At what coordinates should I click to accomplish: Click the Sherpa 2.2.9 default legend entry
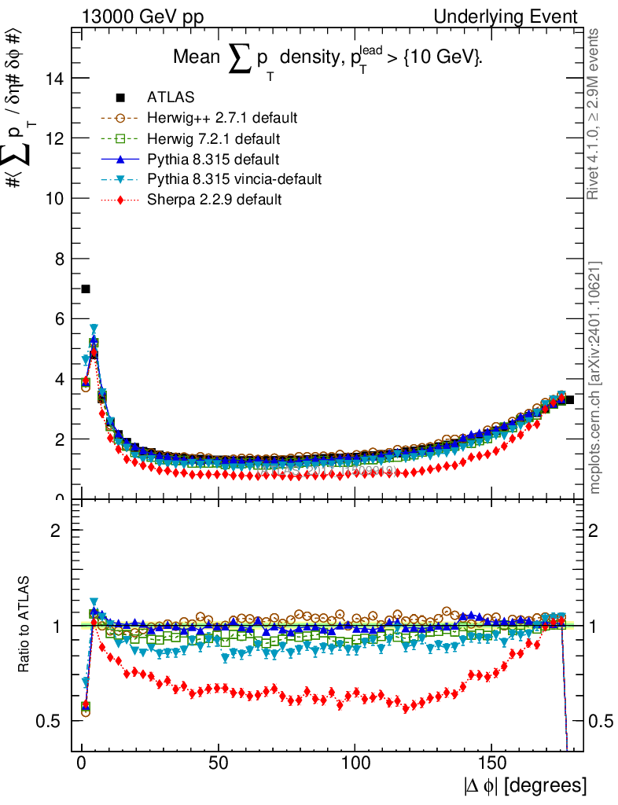click(214, 200)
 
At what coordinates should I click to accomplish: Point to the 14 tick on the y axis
click(55, 78)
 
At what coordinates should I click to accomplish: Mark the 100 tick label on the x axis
click(355, 763)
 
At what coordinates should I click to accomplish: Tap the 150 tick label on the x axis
click(491, 763)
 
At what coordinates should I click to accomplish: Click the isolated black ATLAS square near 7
click(86, 289)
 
